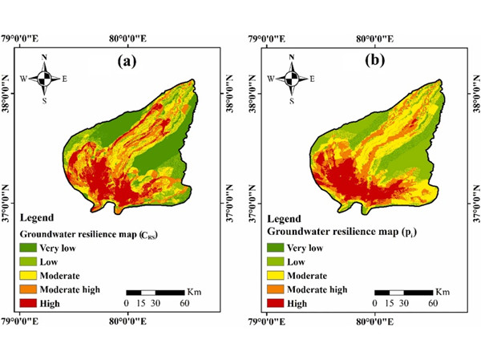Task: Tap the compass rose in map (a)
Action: click(46, 79)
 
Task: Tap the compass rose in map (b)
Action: click(292, 79)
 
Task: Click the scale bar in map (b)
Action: click(403, 291)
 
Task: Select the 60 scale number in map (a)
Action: click(184, 304)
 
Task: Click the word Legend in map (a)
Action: click(37, 217)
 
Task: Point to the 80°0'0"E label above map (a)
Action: click(127, 37)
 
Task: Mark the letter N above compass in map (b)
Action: click(292, 58)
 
